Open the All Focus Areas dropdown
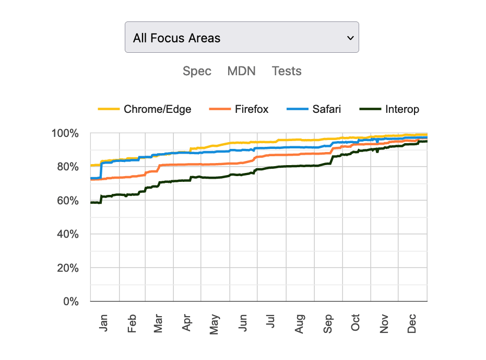click(x=241, y=37)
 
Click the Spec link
click(x=197, y=71)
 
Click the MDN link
click(x=241, y=71)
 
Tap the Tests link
click(x=287, y=71)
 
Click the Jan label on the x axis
click(x=103, y=323)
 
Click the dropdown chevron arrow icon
click(x=350, y=38)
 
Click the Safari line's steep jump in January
click(x=101, y=170)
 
